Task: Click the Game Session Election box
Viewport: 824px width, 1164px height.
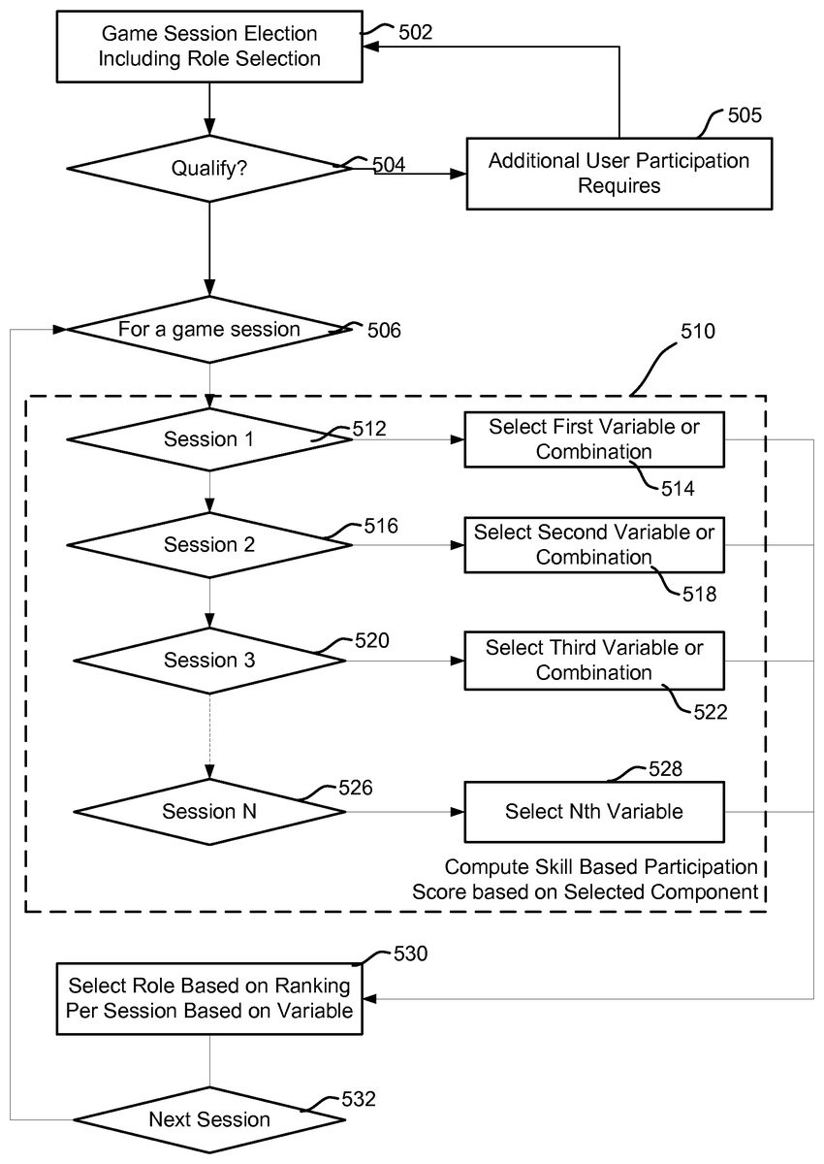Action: pos(210,47)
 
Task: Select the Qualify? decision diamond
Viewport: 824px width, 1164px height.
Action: pos(209,168)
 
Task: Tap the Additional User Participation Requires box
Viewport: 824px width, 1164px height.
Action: pos(618,173)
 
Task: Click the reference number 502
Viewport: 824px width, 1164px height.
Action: pos(415,32)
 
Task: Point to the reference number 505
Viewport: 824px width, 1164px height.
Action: pos(745,115)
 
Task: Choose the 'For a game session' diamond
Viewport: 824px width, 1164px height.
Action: pos(209,330)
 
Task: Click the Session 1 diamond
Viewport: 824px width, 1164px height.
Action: pos(209,439)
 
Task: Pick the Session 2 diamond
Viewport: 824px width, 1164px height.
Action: pos(209,545)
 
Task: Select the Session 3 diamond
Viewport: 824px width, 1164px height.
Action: pos(209,661)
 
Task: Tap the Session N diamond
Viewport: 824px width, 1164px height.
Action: pos(209,811)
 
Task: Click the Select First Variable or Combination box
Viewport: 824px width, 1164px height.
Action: pos(594,438)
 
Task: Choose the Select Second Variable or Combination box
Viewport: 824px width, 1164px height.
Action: pos(594,544)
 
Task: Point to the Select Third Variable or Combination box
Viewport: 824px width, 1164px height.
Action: pos(594,660)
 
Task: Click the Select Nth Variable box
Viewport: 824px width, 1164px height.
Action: pos(594,811)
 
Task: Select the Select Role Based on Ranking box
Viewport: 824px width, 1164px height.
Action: pos(210,998)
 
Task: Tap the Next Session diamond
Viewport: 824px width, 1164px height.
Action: pos(209,1119)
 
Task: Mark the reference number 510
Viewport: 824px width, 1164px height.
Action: pos(697,332)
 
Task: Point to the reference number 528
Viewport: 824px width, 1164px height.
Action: pos(664,769)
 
